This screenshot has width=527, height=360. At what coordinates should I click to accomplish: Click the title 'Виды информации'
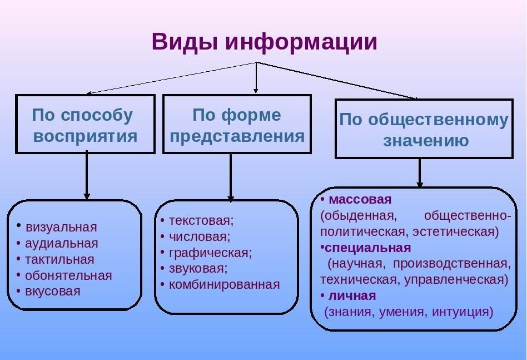click(264, 42)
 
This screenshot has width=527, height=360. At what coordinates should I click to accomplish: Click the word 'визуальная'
click(61, 227)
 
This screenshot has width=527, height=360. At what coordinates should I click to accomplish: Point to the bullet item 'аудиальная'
click(62, 243)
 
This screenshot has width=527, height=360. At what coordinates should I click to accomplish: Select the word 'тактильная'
click(59, 259)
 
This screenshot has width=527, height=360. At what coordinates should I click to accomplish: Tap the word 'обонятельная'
click(68, 275)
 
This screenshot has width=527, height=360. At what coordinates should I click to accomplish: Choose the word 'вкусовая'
click(53, 291)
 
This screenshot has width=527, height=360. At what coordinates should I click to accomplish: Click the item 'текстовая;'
click(201, 221)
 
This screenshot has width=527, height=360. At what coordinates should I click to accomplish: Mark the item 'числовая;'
click(200, 236)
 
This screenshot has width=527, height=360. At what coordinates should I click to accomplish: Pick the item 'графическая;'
click(210, 253)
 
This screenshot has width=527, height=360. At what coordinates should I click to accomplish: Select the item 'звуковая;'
click(198, 269)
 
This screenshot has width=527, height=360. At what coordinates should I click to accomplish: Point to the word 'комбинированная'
click(224, 285)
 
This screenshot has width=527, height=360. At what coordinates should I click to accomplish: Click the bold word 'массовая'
click(360, 200)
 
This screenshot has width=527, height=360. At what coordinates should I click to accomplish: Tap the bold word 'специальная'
click(367, 248)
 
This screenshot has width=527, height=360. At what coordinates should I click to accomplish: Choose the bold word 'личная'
click(352, 296)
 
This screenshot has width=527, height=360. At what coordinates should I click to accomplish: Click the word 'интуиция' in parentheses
click(463, 312)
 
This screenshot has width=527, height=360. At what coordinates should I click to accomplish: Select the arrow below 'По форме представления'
click(231, 178)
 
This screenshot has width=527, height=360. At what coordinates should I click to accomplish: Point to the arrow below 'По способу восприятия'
click(87, 175)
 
